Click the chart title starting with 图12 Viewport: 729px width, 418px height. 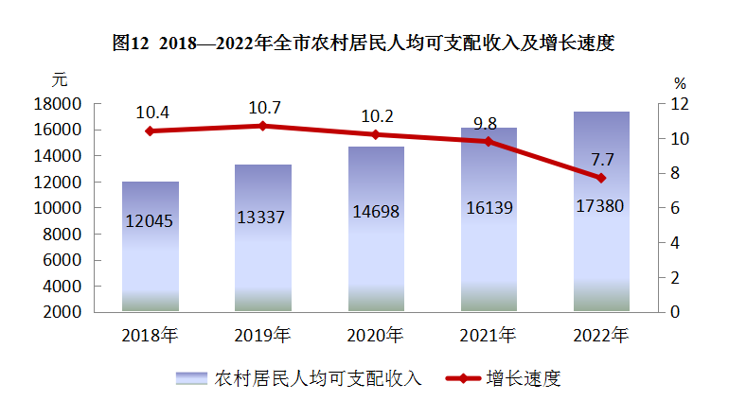pos(364,43)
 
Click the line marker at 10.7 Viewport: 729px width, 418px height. pos(263,126)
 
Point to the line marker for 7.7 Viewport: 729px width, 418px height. pos(601,178)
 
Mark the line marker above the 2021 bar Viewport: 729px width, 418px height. pos(489,142)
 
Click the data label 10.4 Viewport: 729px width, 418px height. pos(152,113)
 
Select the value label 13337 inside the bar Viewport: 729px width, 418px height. pos(263,218)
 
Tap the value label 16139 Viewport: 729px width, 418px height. pos(489,208)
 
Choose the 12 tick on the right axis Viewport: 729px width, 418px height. pos(681,103)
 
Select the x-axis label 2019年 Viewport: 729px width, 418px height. pos(263,336)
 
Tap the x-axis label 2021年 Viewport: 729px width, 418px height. pos(489,336)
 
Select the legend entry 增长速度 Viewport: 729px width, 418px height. pos(524,379)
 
